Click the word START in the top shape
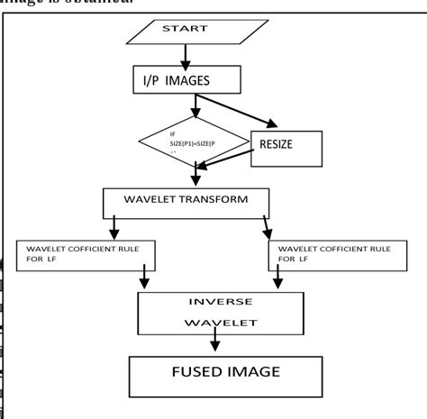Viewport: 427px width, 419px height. [184, 30]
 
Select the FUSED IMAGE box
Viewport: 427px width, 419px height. [213, 374]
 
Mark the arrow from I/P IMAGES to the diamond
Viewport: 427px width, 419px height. [193, 105]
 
